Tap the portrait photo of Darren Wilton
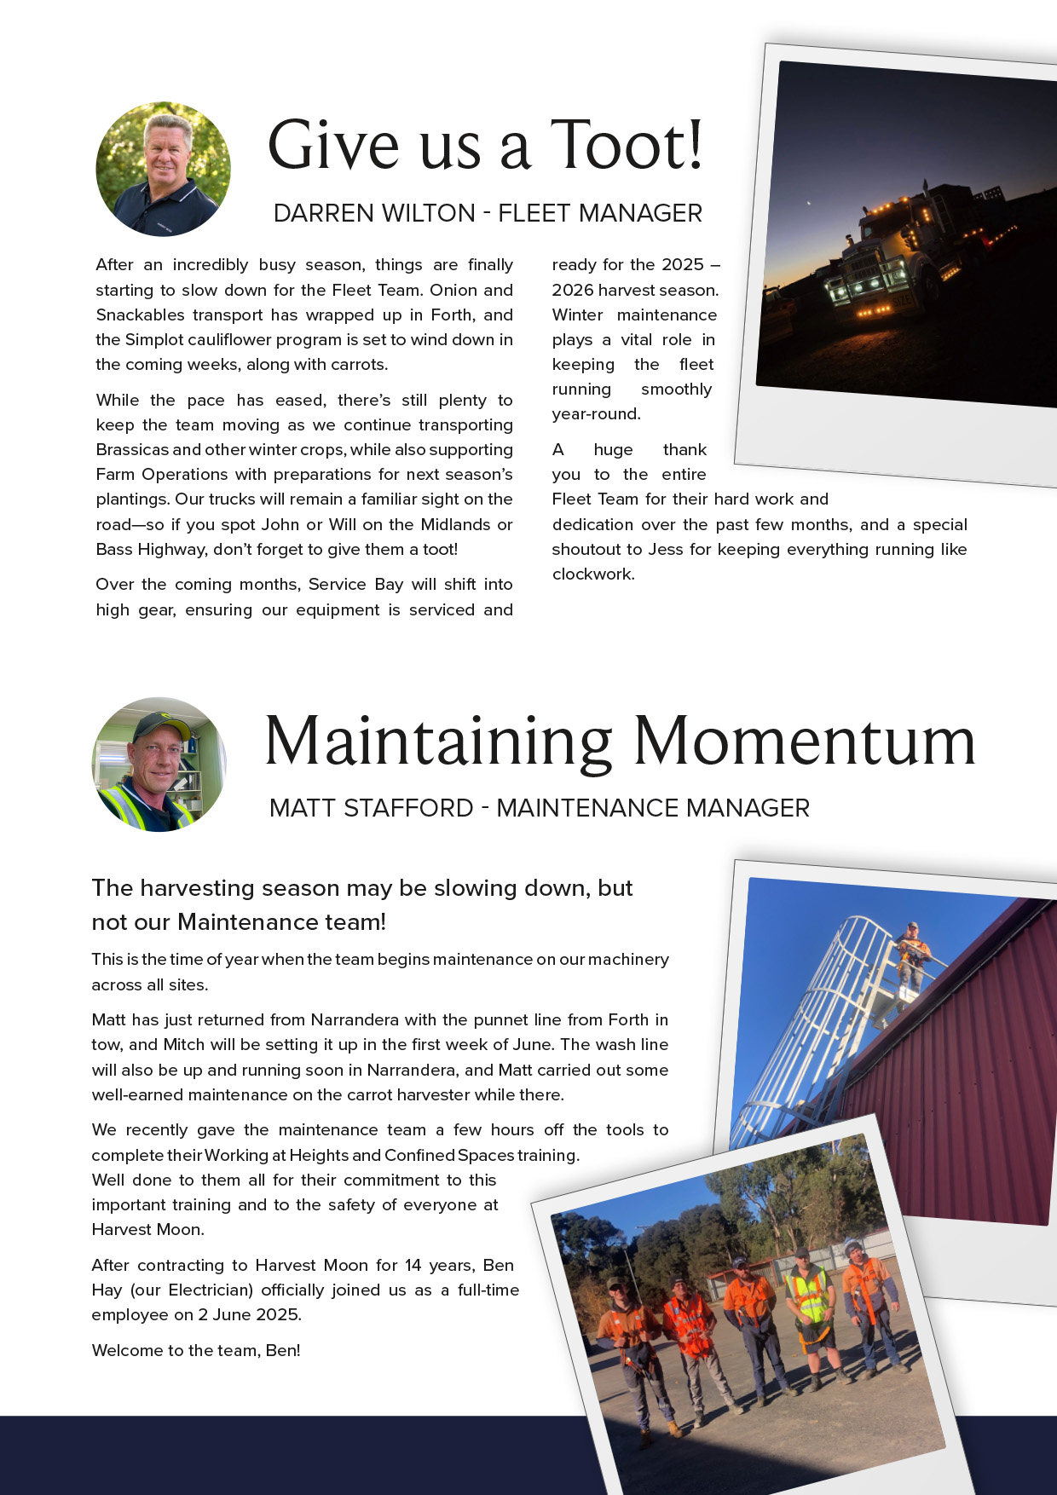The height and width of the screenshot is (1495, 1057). [163, 170]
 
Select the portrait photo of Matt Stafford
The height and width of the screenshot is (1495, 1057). [159, 765]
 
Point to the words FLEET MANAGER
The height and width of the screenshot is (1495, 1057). [600, 213]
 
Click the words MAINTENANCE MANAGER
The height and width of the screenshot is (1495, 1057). [653, 808]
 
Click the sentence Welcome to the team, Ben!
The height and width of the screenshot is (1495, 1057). [196, 1351]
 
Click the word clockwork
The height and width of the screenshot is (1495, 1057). [592, 574]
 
